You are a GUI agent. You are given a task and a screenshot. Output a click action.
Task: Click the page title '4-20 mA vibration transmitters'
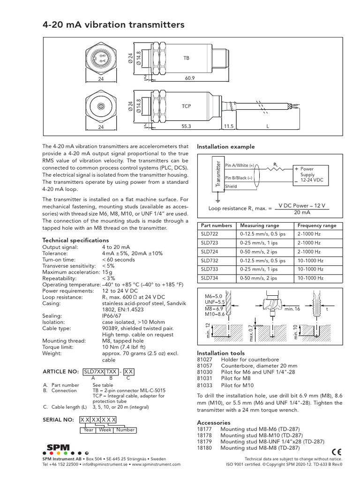[112, 24]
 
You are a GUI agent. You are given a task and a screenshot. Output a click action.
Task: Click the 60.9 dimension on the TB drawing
[189, 79]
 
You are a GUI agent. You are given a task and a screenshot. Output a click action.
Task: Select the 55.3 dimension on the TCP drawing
[186, 126]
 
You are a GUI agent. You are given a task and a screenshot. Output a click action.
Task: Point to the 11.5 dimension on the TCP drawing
[228, 126]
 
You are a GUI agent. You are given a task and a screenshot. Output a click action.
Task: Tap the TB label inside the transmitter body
[186, 58]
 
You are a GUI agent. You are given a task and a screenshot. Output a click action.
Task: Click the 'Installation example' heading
[225, 147]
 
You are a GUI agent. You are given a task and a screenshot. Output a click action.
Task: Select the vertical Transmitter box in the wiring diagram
[217, 174]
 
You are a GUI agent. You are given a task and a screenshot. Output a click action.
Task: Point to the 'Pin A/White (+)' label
[240, 165]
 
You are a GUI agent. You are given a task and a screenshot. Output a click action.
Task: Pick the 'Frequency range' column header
[317, 225]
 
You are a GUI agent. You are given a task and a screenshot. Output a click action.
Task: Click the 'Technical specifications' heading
[75, 240]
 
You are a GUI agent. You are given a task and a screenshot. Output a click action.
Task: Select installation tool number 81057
[204, 365]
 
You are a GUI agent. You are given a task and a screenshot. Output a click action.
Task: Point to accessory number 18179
[204, 442]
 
